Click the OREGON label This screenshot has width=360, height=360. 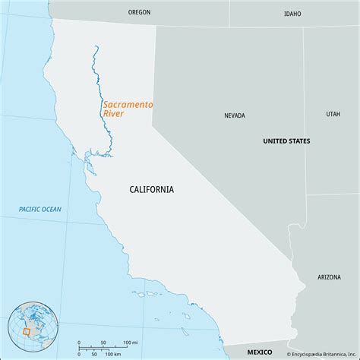coord(140,13)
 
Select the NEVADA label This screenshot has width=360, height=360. coord(234,116)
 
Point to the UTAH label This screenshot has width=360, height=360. coord(333,114)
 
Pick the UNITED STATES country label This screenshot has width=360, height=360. coord(286,141)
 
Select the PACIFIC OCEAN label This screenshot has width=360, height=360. coord(40,209)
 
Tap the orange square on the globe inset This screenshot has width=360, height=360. coord(27,331)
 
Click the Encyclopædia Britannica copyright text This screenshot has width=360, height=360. coord(321,354)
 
